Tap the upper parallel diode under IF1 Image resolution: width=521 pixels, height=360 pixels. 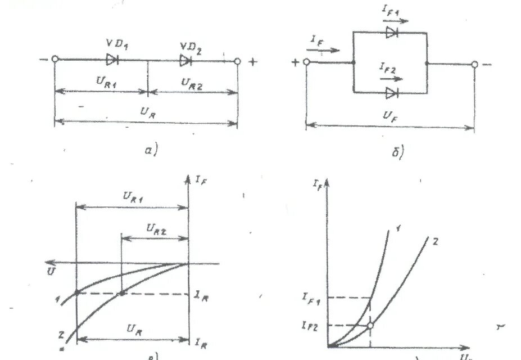click(x=392, y=33)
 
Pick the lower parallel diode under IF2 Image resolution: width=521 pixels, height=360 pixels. click(x=392, y=91)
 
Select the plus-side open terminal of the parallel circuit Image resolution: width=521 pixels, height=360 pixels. click(x=307, y=62)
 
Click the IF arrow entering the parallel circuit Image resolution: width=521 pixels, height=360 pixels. click(x=327, y=49)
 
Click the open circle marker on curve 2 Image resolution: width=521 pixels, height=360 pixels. click(x=371, y=325)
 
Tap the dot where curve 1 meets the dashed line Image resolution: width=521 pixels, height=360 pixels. click(x=76, y=292)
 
